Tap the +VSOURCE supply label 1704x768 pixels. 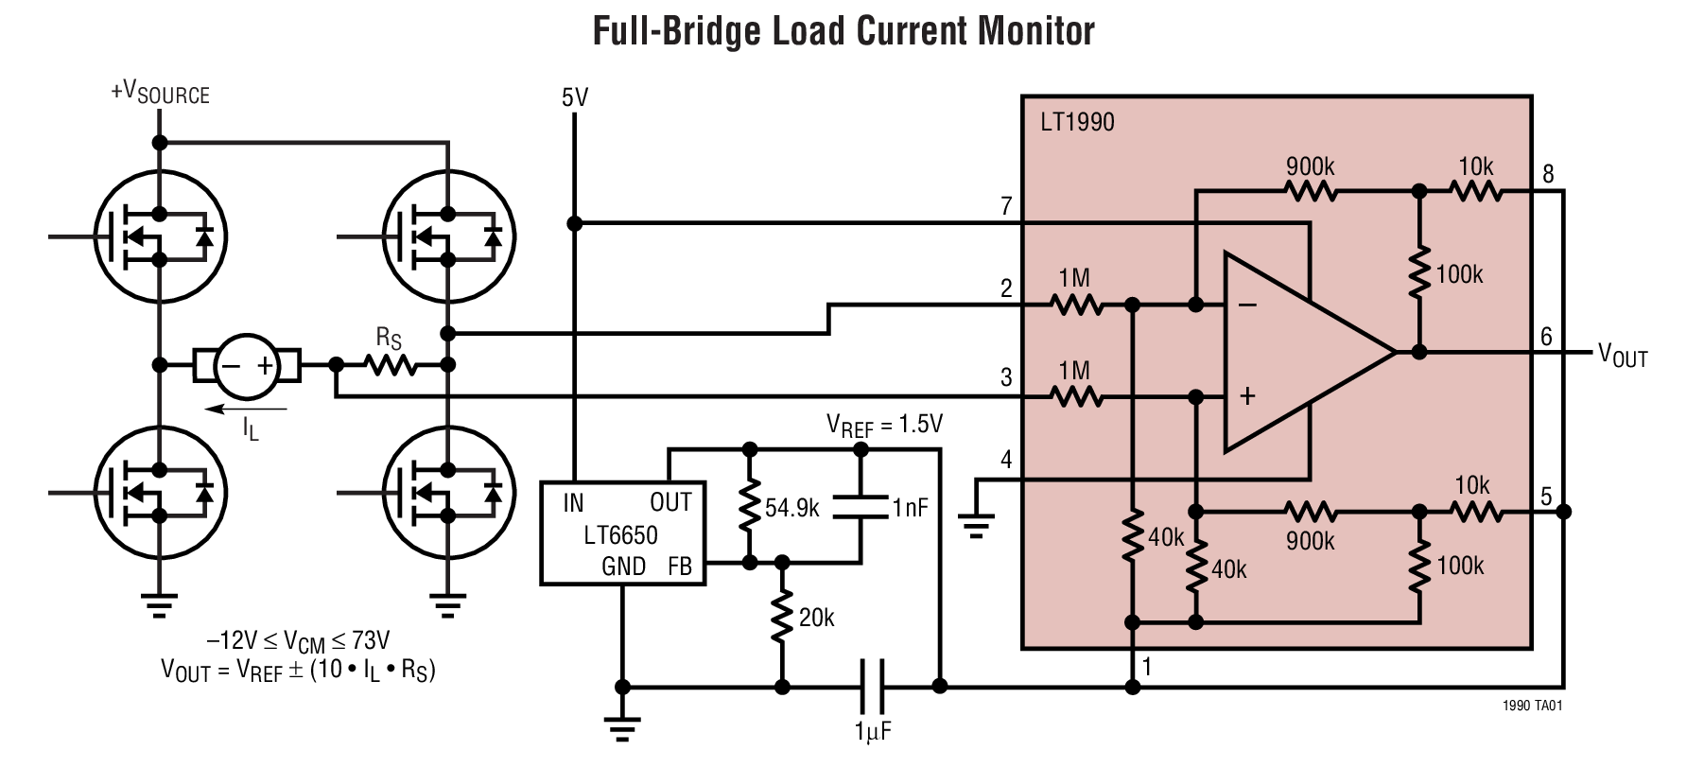point(160,93)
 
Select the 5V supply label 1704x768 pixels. point(574,97)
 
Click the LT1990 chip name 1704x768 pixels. point(1077,122)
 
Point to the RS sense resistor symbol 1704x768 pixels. point(391,364)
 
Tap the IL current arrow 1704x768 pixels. point(247,410)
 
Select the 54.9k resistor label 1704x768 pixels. point(791,508)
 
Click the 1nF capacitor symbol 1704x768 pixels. point(861,507)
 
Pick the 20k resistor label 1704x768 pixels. point(816,618)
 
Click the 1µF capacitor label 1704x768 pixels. point(873,731)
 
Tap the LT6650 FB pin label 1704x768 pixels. point(680,567)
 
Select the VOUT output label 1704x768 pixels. point(1623,356)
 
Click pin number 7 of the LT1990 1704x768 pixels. point(1006,205)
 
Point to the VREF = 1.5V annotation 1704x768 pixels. point(884,425)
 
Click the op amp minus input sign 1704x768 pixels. point(1247,305)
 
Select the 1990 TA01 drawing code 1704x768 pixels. point(1532,706)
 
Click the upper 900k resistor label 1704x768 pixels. point(1310,166)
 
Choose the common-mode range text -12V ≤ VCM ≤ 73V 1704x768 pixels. point(298,641)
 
